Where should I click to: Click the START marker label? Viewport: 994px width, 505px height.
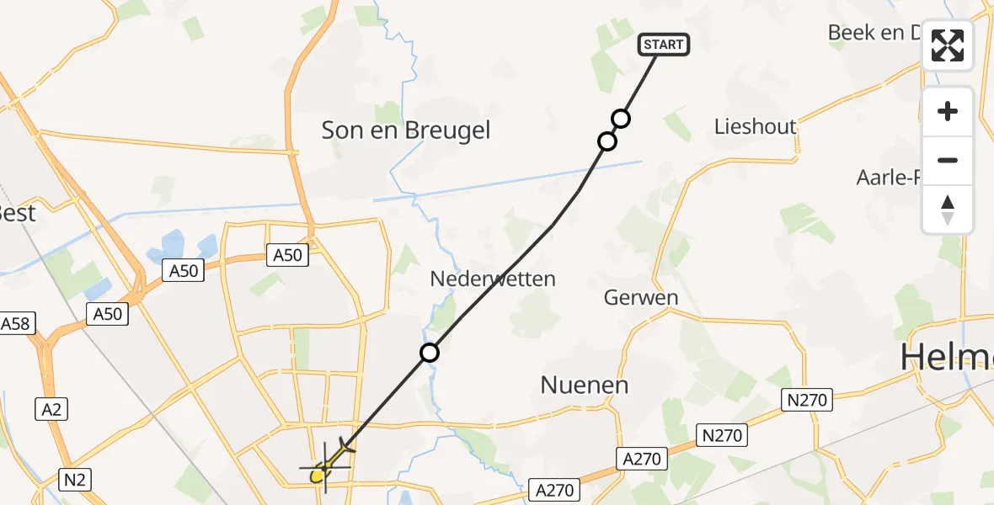(665, 45)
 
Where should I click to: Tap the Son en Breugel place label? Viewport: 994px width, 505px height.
(405, 130)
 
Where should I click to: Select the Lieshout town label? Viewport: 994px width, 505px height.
(755, 127)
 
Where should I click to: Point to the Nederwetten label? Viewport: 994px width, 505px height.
(493, 279)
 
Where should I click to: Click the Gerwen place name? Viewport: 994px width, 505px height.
(641, 298)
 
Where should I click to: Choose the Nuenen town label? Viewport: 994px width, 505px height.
(584, 385)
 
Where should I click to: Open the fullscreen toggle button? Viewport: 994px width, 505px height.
(948, 45)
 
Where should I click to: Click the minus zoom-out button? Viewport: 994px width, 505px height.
(948, 160)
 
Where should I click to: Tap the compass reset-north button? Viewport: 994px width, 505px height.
(948, 210)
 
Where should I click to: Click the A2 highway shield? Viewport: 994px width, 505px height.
(51, 409)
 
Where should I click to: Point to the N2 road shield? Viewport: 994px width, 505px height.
(75, 480)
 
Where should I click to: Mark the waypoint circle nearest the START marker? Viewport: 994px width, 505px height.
(621, 119)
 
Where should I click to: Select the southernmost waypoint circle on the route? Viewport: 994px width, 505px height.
(430, 353)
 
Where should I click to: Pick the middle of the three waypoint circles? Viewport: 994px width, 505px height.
(607, 141)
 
